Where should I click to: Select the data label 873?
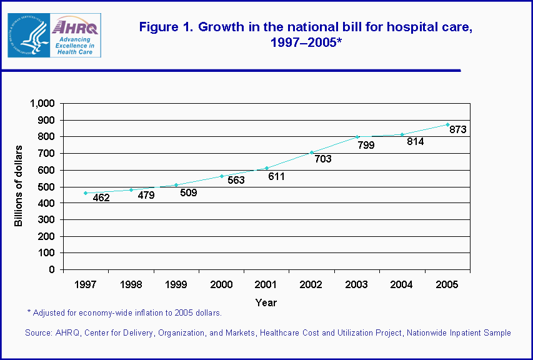click(459, 130)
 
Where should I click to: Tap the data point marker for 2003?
click(357, 136)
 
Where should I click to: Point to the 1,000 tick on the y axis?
click(42, 103)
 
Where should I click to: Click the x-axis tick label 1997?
click(86, 284)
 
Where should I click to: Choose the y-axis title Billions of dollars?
click(19, 186)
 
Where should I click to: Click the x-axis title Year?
click(266, 302)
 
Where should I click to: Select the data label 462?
click(101, 198)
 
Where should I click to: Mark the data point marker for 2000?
click(222, 176)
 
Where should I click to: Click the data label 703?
click(322, 159)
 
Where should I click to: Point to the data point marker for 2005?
click(447, 124)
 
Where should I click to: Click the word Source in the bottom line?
click(39, 333)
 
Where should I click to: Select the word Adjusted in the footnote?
click(49, 312)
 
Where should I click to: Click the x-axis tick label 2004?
click(402, 284)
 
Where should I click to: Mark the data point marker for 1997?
click(86, 193)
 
